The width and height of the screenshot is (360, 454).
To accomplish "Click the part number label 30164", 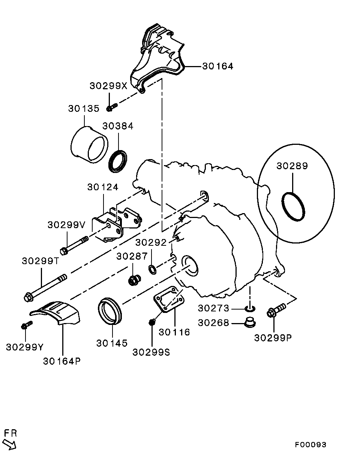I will [x=217, y=66].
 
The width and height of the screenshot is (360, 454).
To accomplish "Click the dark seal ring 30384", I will [x=117, y=161].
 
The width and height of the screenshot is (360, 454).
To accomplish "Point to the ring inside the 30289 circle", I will [x=293, y=207].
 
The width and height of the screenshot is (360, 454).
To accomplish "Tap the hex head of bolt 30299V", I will [x=64, y=251].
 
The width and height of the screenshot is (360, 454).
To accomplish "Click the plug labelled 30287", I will [x=133, y=280].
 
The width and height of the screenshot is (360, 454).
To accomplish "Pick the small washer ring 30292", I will [x=153, y=269].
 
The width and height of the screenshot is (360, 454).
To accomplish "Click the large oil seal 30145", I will [x=110, y=310].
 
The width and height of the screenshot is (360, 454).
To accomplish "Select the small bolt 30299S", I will [x=152, y=322].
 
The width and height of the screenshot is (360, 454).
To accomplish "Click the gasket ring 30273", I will [x=250, y=308].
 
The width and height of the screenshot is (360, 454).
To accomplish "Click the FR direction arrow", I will [x=10, y=444].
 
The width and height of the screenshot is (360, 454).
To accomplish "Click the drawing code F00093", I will [x=310, y=445].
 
